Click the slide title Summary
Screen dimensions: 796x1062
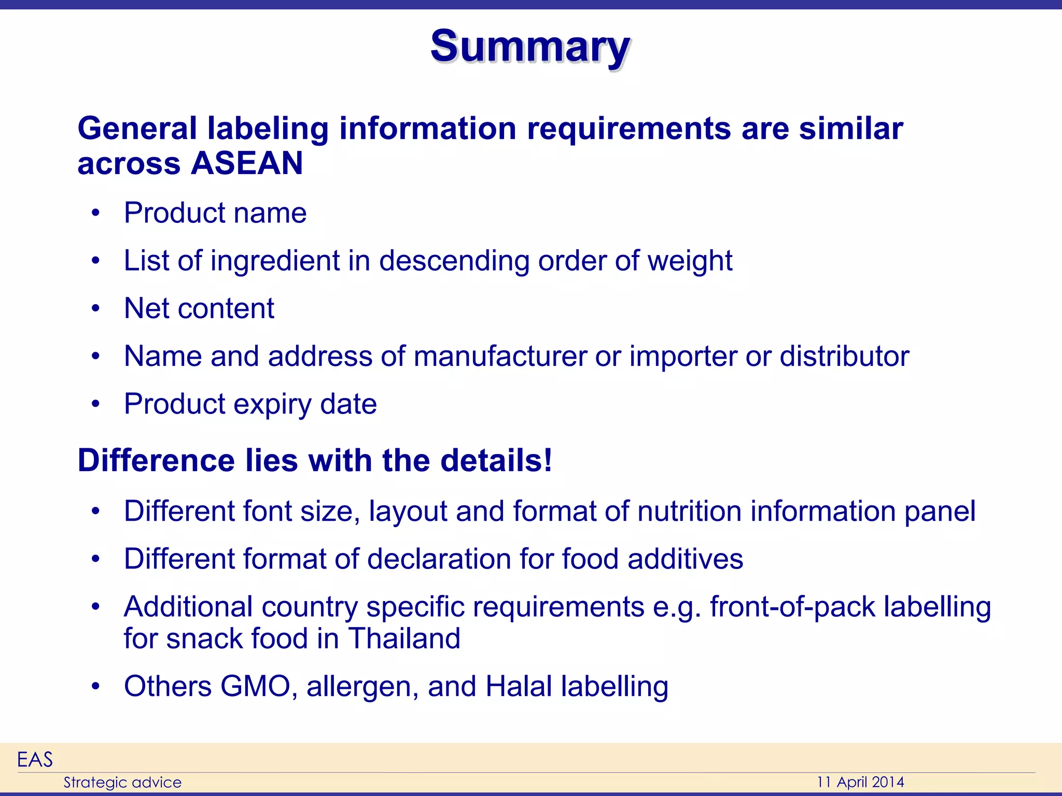(x=530, y=47)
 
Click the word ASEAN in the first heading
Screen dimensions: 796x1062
(x=247, y=163)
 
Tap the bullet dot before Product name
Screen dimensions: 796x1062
(x=95, y=213)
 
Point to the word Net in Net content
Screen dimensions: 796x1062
(x=147, y=308)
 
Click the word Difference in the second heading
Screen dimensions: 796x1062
(x=156, y=460)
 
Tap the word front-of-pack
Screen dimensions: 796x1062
(x=792, y=607)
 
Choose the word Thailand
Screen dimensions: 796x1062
(x=404, y=638)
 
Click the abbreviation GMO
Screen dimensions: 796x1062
(x=255, y=687)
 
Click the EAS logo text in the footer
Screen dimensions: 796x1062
(x=35, y=760)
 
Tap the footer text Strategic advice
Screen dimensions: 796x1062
(x=122, y=783)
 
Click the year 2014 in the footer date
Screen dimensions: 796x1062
(x=888, y=782)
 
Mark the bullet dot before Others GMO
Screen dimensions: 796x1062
(x=95, y=687)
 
